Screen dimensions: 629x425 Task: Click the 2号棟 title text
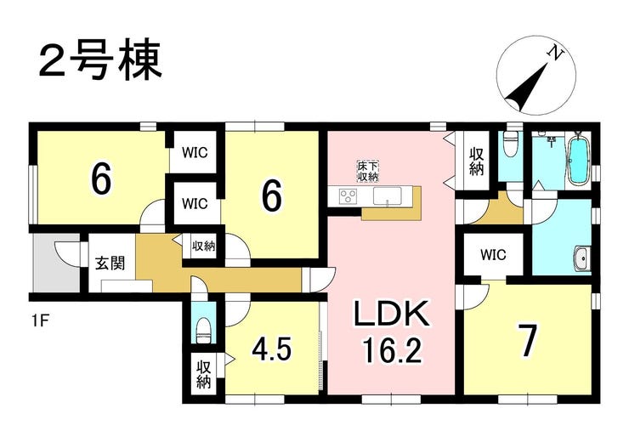tap(100, 59)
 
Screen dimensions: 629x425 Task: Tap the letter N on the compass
tap(556, 54)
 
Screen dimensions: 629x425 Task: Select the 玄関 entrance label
tap(110, 263)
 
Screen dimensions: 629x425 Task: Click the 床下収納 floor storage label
tap(368, 171)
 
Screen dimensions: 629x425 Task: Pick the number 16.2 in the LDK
tap(393, 349)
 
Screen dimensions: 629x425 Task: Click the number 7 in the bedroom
tap(527, 340)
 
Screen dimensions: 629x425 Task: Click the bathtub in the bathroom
tap(579, 159)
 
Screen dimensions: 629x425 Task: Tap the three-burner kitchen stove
tap(348, 196)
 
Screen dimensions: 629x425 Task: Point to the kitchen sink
tap(387, 196)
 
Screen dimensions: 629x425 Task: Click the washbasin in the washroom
tap(581, 259)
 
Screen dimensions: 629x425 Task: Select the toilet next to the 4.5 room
tap(203, 330)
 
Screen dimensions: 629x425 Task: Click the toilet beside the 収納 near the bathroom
tap(511, 144)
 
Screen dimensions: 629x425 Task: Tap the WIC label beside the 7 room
tap(493, 255)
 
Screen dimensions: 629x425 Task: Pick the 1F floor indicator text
tap(41, 321)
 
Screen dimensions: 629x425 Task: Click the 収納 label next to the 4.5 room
tap(203, 375)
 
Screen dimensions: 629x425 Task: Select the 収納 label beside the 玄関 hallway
tap(203, 246)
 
